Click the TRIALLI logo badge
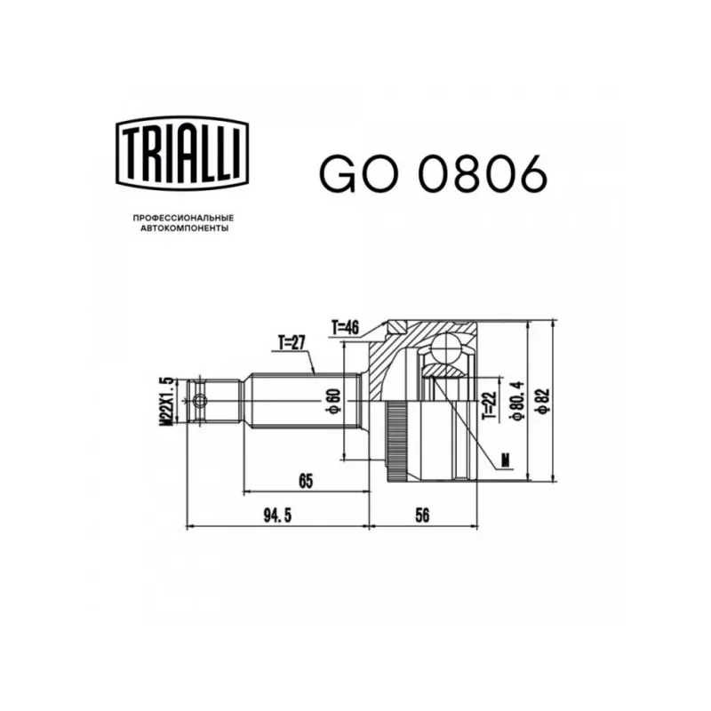[x=182, y=153]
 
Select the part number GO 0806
[x=434, y=174]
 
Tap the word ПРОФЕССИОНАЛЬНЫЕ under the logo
[x=183, y=218]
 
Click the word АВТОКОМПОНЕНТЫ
[x=184, y=228]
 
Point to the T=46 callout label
[x=345, y=327]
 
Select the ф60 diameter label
[x=335, y=402]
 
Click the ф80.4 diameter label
[x=519, y=402]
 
